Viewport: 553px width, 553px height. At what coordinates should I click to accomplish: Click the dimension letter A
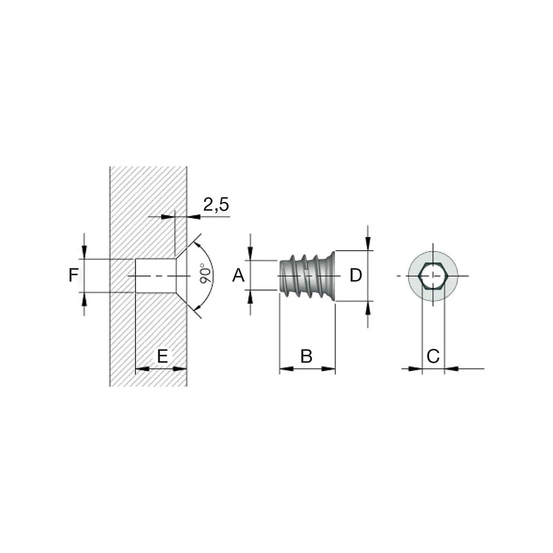point(238,275)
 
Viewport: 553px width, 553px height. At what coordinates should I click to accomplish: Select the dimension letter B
point(306,356)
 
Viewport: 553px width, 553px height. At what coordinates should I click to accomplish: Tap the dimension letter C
point(433,356)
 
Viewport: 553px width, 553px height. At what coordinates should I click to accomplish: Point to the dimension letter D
point(356,275)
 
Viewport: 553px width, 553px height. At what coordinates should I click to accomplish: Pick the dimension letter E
point(162,356)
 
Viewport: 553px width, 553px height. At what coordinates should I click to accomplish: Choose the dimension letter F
point(74,275)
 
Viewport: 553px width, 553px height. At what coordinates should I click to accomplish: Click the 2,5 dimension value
point(216,205)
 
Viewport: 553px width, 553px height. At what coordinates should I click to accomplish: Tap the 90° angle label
point(206,273)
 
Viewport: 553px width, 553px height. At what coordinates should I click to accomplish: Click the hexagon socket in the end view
point(433,275)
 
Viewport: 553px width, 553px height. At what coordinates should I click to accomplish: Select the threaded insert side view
point(306,276)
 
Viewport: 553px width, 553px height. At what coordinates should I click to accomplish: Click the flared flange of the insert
point(330,276)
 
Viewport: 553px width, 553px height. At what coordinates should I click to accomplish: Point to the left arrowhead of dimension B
point(286,369)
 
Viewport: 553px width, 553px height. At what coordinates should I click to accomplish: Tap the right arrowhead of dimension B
point(328,369)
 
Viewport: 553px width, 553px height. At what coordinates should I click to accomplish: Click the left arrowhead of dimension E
point(143,369)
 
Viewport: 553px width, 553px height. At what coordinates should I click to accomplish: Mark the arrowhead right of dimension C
point(451,369)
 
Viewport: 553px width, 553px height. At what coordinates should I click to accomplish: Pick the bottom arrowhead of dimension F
point(84,299)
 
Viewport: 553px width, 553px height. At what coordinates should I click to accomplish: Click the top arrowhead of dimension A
point(251,253)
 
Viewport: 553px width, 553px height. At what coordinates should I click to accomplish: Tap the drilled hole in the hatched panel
point(156,275)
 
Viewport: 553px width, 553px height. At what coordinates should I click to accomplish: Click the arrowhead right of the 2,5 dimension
point(194,217)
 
